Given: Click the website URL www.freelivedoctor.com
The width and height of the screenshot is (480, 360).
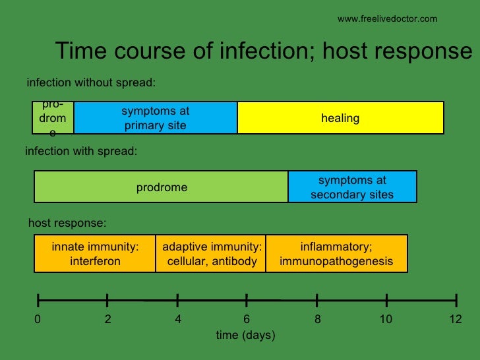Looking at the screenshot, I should [387, 19].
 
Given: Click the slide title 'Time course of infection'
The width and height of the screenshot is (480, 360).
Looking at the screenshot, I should [264, 51].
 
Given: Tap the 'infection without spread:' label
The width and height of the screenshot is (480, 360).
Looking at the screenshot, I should [90, 83].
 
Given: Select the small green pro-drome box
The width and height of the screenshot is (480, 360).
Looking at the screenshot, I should [53, 118].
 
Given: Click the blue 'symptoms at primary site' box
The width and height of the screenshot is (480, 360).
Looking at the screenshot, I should [155, 118].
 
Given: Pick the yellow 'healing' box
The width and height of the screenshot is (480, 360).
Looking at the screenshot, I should [340, 118].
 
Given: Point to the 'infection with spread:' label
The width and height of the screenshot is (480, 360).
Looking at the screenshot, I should [81, 151].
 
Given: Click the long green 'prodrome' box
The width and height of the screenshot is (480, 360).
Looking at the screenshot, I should [162, 187].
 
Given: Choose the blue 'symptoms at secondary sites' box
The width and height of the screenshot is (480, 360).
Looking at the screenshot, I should [352, 187].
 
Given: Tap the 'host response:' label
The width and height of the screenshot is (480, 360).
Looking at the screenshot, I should [67, 223].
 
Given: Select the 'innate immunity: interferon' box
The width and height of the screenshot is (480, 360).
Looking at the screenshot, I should [95, 254].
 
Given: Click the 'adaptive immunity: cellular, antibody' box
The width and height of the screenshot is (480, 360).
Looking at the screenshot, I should [212, 254].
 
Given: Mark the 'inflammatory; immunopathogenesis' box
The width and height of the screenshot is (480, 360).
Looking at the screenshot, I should [336, 254].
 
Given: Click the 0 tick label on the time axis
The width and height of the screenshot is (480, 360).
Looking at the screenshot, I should [38, 320].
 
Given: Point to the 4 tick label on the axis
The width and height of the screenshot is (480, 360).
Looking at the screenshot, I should [178, 320].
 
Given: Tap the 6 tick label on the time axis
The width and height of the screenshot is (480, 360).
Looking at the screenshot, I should [247, 320].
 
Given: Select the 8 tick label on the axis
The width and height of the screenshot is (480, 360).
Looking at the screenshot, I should [317, 320].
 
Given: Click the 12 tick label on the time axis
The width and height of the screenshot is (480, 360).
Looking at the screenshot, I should [456, 320].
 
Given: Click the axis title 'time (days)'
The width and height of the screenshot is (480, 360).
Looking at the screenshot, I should [245, 336].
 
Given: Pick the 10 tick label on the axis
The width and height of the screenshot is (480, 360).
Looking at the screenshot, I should [386, 320].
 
